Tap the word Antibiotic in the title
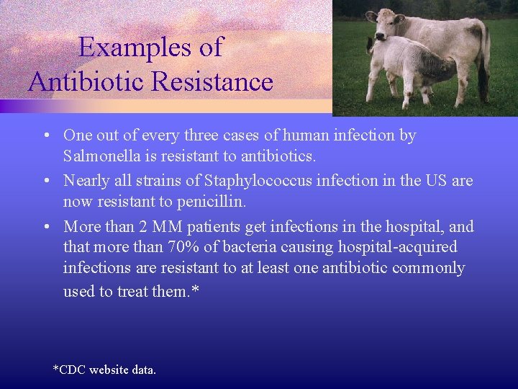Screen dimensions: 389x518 90,81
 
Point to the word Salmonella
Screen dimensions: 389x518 99,156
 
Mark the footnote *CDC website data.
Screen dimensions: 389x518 104,370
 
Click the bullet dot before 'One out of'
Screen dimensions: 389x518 45,135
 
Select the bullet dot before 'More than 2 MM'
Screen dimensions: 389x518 45,227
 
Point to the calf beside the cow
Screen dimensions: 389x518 406,68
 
